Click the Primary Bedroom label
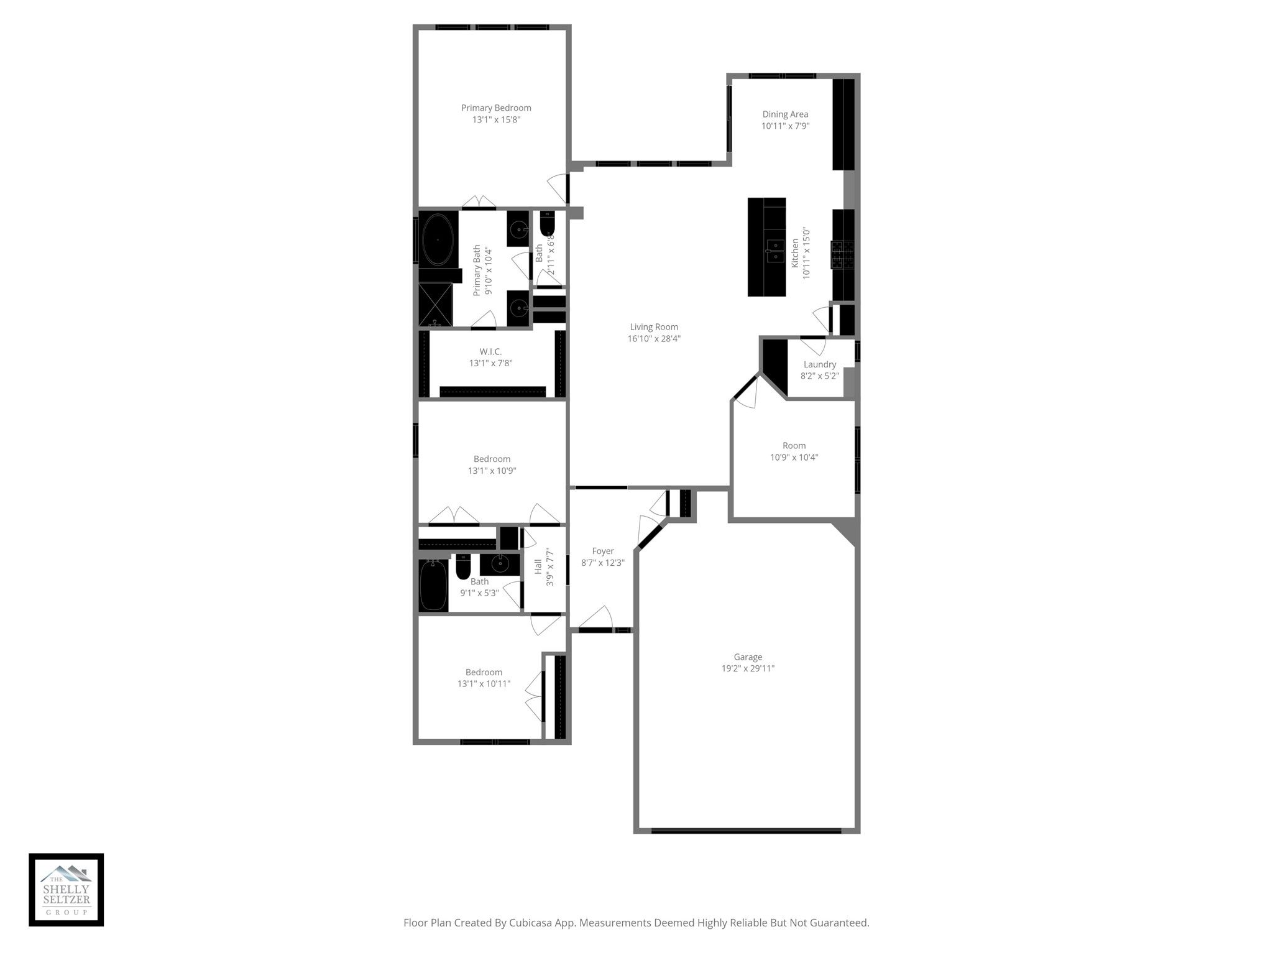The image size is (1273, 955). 496,108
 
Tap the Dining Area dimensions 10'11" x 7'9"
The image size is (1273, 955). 785,126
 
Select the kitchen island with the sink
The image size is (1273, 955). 766,247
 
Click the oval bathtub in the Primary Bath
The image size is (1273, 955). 438,241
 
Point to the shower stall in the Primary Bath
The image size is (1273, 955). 436,305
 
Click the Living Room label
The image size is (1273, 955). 654,327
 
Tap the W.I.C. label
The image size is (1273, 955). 490,352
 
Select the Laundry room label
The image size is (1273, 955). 820,364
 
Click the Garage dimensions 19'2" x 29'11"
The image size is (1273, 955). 748,668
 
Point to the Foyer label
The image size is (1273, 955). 603,551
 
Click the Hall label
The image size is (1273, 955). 538,567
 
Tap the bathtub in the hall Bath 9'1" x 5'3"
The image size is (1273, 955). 433,585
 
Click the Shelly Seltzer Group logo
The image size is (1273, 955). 67,890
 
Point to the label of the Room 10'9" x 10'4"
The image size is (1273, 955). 794,446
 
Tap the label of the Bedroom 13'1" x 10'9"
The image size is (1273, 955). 492,459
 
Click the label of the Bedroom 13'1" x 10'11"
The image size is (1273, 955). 484,672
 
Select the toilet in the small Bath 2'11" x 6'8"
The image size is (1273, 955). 547,224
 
